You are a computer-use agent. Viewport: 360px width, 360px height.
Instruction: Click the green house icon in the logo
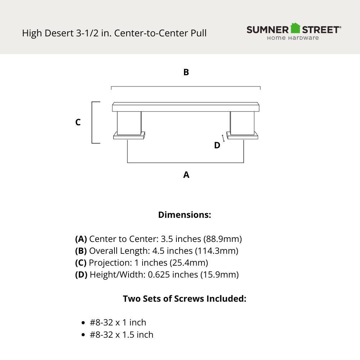295,28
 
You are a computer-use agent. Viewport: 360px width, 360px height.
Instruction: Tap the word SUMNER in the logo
268,30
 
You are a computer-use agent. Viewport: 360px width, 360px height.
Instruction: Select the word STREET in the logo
320,30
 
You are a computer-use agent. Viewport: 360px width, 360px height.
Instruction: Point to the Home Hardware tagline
293,38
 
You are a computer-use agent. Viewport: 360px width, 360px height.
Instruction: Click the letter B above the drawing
186,72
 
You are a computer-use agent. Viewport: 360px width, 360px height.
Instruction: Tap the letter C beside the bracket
78,122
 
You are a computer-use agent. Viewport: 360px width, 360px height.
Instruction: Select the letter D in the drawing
217,145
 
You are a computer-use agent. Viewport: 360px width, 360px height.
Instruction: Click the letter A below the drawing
186,175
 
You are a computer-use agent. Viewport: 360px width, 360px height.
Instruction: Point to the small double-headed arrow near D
223,138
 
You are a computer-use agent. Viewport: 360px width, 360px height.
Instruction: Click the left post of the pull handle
129,123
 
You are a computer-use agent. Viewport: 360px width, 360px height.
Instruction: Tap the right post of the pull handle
242,123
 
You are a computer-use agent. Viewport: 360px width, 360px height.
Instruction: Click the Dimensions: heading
185,215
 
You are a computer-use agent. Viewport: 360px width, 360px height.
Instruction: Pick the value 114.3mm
217,251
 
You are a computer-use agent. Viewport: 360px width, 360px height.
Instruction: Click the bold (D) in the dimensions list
81,275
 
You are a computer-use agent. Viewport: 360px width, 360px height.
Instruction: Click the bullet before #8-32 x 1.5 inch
84,335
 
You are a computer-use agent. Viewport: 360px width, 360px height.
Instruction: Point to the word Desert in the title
59,33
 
